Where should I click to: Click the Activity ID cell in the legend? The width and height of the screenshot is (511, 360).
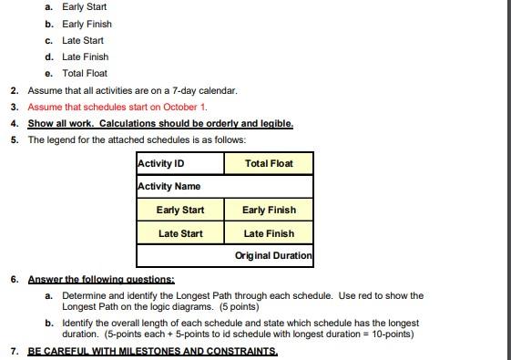(x=179, y=164)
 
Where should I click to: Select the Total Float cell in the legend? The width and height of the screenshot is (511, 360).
(x=269, y=164)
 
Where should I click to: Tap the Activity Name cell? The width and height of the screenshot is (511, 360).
(x=224, y=187)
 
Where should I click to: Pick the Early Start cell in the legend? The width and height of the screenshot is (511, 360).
(x=180, y=211)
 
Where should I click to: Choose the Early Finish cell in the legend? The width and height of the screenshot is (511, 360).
(x=269, y=211)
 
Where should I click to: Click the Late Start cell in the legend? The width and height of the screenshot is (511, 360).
(x=180, y=234)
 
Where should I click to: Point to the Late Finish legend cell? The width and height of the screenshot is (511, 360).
(x=269, y=234)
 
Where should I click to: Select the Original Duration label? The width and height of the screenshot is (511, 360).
(x=273, y=256)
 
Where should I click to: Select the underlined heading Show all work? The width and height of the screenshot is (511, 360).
(x=61, y=123)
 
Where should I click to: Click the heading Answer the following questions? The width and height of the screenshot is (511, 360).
(x=101, y=279)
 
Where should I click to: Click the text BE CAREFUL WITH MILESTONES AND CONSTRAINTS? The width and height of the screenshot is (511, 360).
(x=152, y=351)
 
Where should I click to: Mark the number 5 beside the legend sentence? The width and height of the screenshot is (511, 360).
(x=15, y=139)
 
